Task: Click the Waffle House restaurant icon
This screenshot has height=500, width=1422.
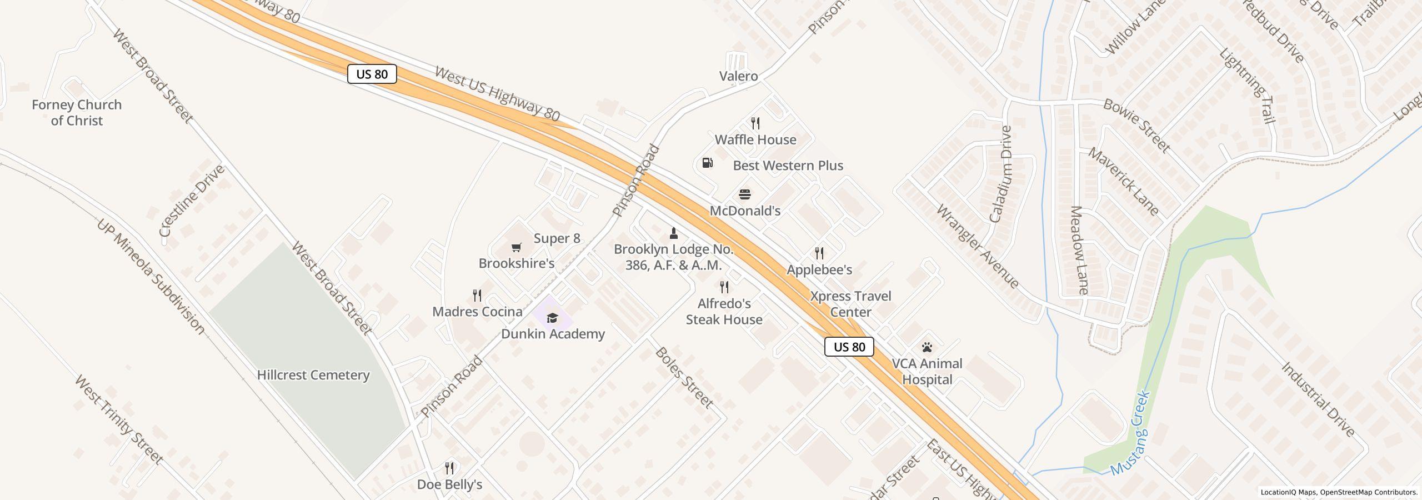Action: click(755, 123)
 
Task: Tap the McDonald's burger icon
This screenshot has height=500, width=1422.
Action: click(745, 194)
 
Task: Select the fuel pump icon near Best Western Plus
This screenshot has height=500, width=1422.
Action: click(708, 163)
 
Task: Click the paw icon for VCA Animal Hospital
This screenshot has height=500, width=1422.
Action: click(927, 348)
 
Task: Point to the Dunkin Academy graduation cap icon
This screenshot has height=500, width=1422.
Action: click(552, 318)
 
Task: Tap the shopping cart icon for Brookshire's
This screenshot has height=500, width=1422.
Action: click(517, 247)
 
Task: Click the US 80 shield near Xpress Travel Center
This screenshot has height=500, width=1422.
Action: click(849, 347)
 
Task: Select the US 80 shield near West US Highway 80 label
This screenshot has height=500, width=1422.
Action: click(372, 74)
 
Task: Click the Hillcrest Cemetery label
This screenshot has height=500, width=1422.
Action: click(313, 375)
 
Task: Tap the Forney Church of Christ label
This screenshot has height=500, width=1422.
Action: click(77, 112)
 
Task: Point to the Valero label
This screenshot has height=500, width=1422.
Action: click(738, 76)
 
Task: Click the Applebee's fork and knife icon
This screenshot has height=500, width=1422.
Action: click(819, 253)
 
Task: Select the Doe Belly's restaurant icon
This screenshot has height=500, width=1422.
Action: click(450, 468)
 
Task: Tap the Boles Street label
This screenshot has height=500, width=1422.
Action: click(684, 378)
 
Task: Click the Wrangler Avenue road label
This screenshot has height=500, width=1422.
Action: click(977, 247)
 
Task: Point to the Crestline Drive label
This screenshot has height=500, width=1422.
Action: click(192, 201)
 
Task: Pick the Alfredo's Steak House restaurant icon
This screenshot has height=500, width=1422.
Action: click(724, 287)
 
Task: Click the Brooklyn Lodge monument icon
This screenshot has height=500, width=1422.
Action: click(674, 233)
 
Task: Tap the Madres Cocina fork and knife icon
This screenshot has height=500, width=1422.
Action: click(477, 295)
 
